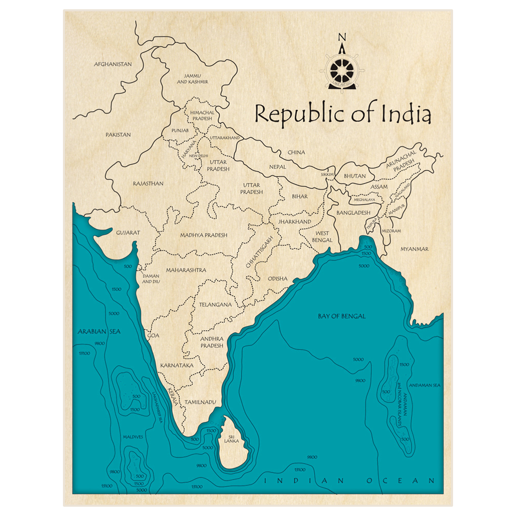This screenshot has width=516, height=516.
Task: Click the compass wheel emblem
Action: click(x=341, y=69)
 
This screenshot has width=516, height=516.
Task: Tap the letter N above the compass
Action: click(x=341, y=37)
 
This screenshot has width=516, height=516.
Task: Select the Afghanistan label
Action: click(x=112, y=64)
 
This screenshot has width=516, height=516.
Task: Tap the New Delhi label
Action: click(x=198, y=155)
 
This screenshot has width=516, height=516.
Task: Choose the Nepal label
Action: click(x=277, y=167)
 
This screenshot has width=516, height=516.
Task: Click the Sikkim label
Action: click(x=328, y=175)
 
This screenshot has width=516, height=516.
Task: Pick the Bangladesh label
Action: click(x=353, y=213)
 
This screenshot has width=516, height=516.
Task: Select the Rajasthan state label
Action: click(x=148, y=183)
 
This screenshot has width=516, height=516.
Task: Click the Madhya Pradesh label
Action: click(x=203, y=235)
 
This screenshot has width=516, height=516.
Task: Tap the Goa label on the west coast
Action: click(x=153, y=335)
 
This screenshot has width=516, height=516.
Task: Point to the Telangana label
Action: click(x=215, y=304)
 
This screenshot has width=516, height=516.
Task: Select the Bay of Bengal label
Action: click(x=342, y=316)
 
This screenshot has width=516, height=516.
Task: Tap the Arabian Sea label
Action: click(x=99, y=331)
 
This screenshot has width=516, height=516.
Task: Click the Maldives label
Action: click(x=133, y=437)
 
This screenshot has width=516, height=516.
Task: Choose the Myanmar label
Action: click(x=414, y=249)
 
